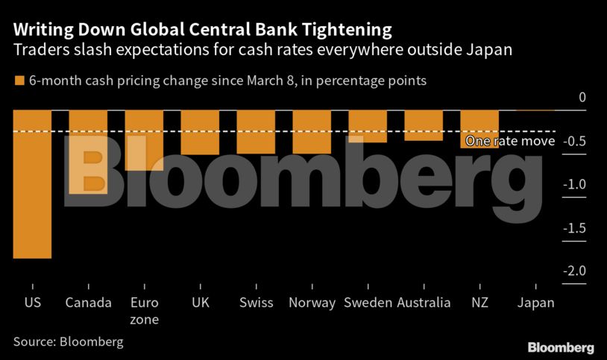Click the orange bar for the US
click(x=32, y=184)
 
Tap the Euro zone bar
click(x=144, y=140)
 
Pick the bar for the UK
click(x=200, y=133)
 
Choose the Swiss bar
click(x=256, y=132)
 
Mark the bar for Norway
click(x=312, y=132)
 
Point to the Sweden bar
click(x=368, y=126)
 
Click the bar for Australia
click(x=424, y=125)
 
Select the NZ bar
click(x=479, y=129)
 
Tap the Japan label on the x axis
click(x=536, y=303)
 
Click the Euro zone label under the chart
click(x=144, y=311)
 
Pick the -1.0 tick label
click(x=575, y=185)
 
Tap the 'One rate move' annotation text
click(x=509, y=141)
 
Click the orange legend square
click(x=19, y=80)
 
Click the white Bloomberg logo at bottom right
click(x=561, y=347)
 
